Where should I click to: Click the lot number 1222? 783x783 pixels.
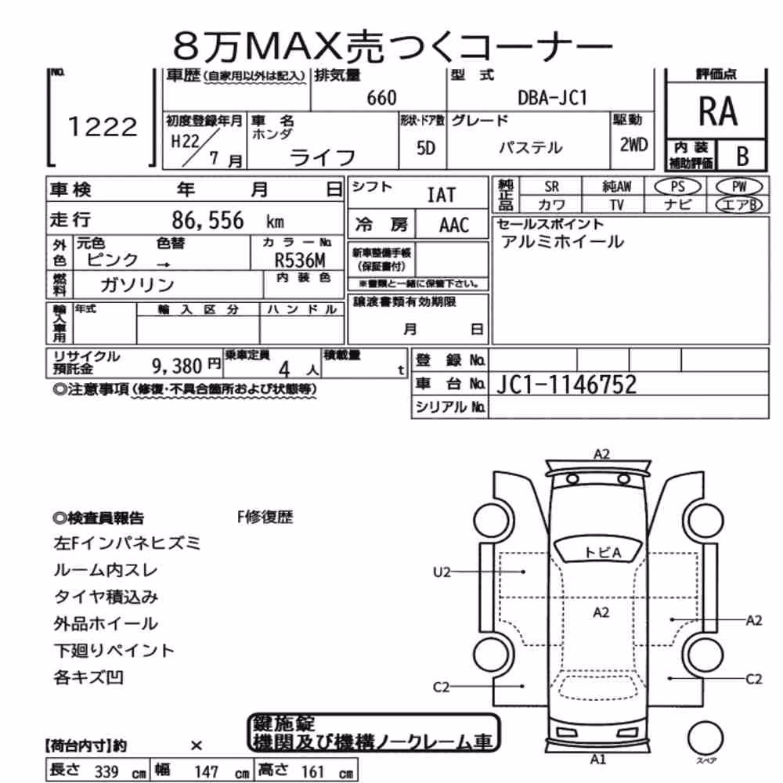[103, 127]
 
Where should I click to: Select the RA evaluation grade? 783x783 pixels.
[717, 111]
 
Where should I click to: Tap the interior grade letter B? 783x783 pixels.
[742, 156]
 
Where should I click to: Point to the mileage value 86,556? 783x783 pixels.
[207, 220]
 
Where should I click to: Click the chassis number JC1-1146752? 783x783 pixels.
[566, 384]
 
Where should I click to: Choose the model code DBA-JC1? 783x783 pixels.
[552, 98]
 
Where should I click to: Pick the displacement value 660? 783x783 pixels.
[381, 98]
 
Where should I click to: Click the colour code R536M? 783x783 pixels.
[300, 260]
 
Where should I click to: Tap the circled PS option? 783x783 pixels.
[677, 187]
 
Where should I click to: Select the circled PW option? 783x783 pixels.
[739, 187]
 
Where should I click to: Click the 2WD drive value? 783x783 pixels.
[633, 145]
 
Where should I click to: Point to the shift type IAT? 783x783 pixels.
[442, 195]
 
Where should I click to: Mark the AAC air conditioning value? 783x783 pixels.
[454, 226]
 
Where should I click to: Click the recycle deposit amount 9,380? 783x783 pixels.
[177, 366]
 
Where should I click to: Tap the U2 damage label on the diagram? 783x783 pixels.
[442, 572]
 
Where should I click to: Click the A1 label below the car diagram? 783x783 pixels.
[597, 760]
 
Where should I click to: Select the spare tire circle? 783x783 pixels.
[705, 738]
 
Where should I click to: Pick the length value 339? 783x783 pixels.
[106, 771]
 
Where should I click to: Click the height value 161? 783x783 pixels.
[312, 771]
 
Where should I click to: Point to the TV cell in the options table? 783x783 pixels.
[617, 205]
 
